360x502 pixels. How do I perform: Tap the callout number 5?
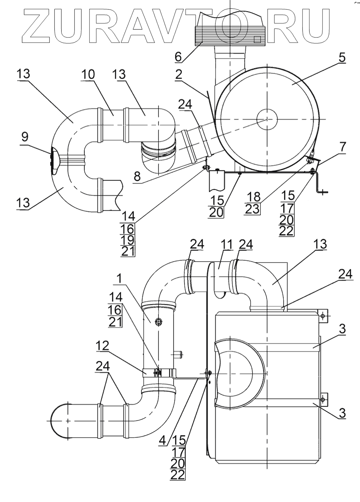tap(342, 58)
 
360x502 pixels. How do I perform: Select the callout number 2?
tap(178, 75)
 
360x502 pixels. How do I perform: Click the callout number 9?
tap(24, 137)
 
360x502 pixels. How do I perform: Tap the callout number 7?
tap(342, 147)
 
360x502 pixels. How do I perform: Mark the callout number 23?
tap(252, 209)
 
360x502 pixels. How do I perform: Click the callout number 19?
tap(128, 240)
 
